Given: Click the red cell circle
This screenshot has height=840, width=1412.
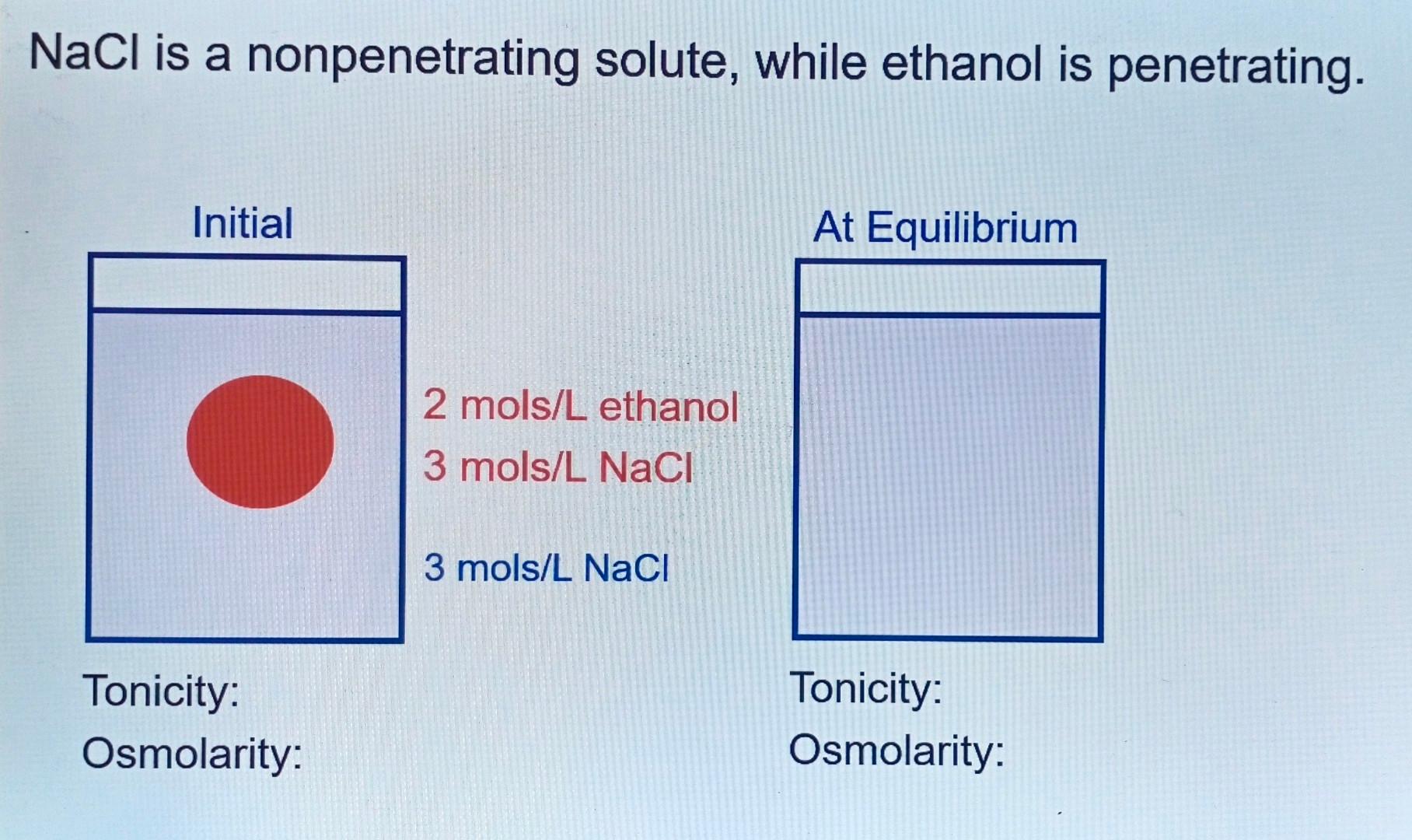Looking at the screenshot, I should click(x=260, y=442).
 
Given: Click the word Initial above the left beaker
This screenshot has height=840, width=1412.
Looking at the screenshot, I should click(x=243, y=223).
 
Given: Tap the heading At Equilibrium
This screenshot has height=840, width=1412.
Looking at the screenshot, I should click(x=945, y=228).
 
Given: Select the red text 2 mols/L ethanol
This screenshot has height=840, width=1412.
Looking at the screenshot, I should click(x=580, y=406).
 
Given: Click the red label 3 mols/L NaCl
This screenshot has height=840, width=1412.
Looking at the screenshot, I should click(x=557, y=467).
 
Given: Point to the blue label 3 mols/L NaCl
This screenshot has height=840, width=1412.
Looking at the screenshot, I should click(x=546, y=568).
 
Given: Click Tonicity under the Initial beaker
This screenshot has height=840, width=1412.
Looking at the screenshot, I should click(x=161, y=691).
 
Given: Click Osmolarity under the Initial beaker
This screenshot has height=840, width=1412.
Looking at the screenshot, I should click(x=192, y=754).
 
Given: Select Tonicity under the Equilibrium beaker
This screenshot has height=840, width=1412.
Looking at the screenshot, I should click(x=865, y=688).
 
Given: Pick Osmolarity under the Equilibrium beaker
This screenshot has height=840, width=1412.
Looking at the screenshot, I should click(x=896, y=751).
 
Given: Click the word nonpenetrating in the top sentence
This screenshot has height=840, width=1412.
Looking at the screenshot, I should click(x=413, y=59).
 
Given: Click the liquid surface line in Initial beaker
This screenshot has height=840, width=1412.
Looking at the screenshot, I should click(x=246, y=312).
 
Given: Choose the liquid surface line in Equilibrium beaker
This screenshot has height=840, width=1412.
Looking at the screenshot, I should click(x=949, y=315).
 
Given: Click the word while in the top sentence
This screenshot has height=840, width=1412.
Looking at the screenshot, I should click(x=810, y=62).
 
